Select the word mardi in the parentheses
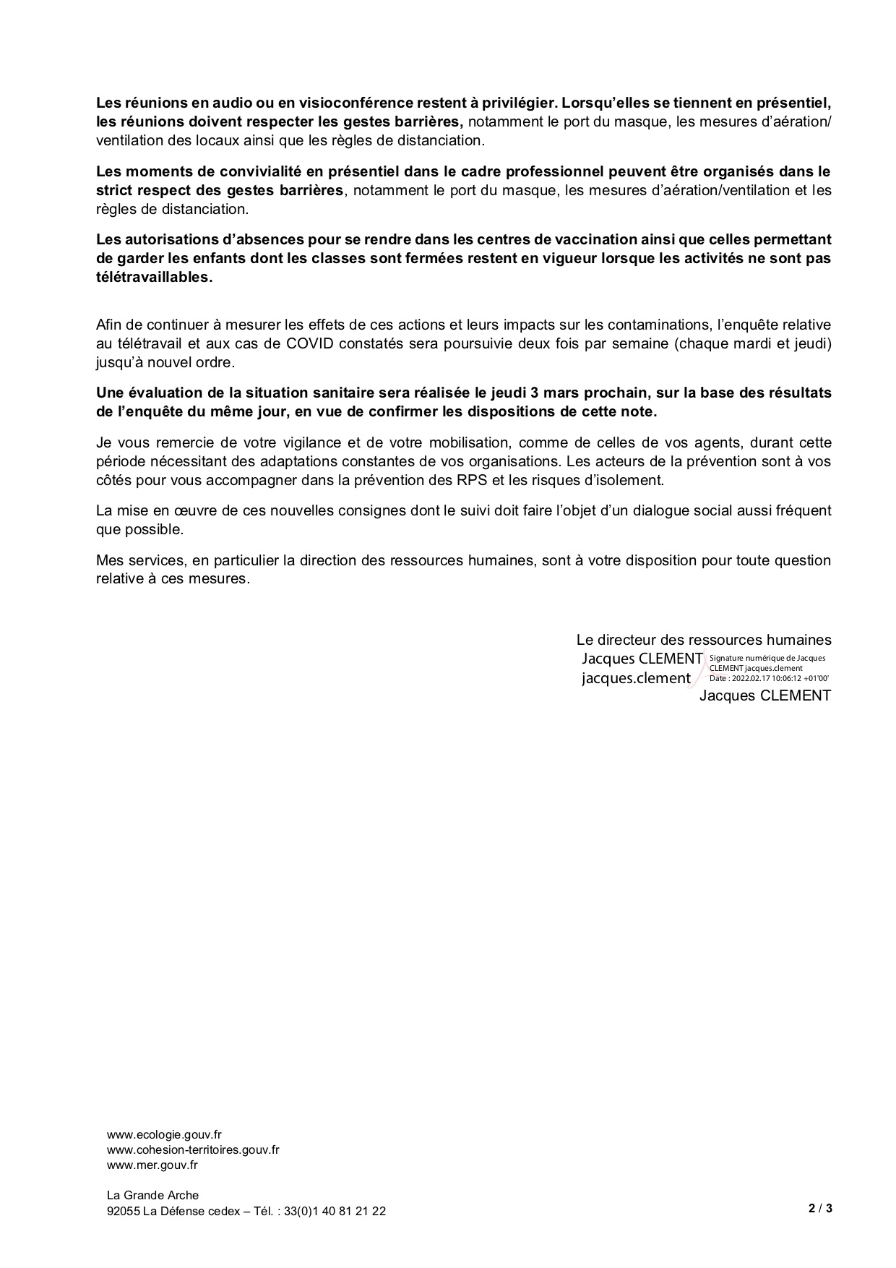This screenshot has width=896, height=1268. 736,343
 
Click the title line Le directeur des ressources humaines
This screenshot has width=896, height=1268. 703,640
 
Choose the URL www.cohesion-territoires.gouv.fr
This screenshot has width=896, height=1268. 193,1150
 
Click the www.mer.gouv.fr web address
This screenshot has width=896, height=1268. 152,1165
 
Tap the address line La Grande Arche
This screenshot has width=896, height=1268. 152,1195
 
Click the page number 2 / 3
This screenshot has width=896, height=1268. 820,1208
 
